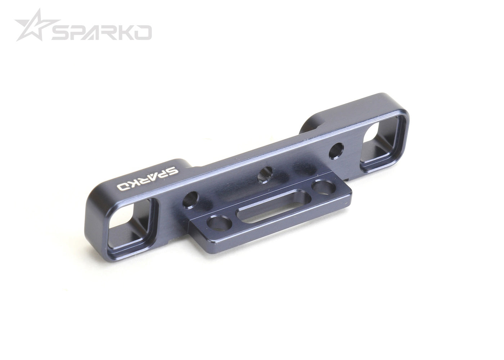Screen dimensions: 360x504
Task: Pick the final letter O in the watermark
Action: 143,33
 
